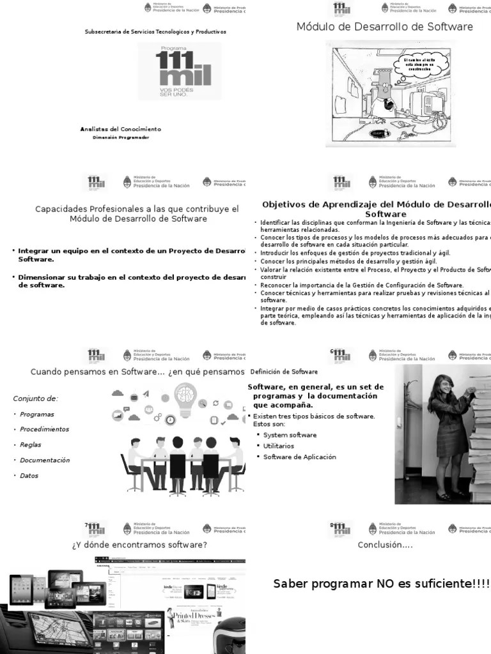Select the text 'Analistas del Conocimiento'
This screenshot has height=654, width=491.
tap(120, 129)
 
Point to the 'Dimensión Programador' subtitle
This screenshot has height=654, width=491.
tap(121, 137)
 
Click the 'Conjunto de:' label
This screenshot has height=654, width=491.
tap(36, 399)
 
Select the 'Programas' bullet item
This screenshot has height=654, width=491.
tap(37, 414)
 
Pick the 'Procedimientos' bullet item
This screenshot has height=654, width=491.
tap(44, 429)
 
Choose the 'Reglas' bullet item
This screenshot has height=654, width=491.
tap(31, 445)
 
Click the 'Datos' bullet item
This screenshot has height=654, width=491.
tap(29, 475)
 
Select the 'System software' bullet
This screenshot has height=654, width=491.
tap(290, 435)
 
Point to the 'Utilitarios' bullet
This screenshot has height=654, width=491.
tap(279, 446)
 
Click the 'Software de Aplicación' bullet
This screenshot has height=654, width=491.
tap(299, 457)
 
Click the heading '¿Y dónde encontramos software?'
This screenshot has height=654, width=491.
tap(139, 545)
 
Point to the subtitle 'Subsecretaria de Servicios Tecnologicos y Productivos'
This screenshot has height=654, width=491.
tap(155, 31)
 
